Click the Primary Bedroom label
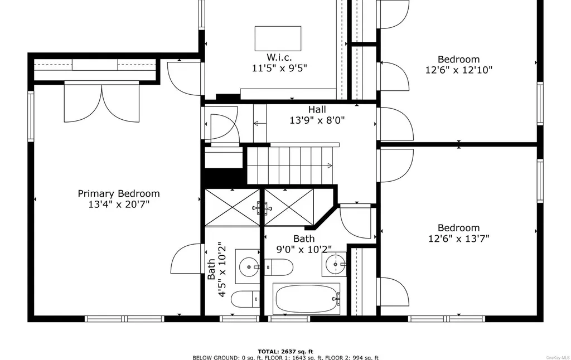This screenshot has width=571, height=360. (119, 193)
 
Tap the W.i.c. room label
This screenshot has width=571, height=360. (279, 57)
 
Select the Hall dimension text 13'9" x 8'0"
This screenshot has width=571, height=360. (317, 120)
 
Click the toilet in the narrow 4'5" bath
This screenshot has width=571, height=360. (245, 299)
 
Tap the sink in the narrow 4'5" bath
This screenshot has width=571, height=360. (248, 267)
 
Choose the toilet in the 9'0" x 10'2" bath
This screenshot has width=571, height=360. (278, 267)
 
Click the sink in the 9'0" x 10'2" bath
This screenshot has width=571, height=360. (334, 264)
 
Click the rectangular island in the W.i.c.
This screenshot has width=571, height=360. (278, 38)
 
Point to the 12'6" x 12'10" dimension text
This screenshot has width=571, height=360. (459, 70)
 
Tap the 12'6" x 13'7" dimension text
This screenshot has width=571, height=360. (459, 239)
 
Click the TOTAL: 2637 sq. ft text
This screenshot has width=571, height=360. (285, 352)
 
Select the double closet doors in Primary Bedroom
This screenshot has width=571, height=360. (101, 101)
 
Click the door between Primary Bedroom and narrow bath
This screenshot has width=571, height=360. (186, 259)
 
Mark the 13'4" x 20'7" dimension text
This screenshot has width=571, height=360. (119, 204)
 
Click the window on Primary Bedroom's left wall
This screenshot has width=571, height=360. (31, 116)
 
